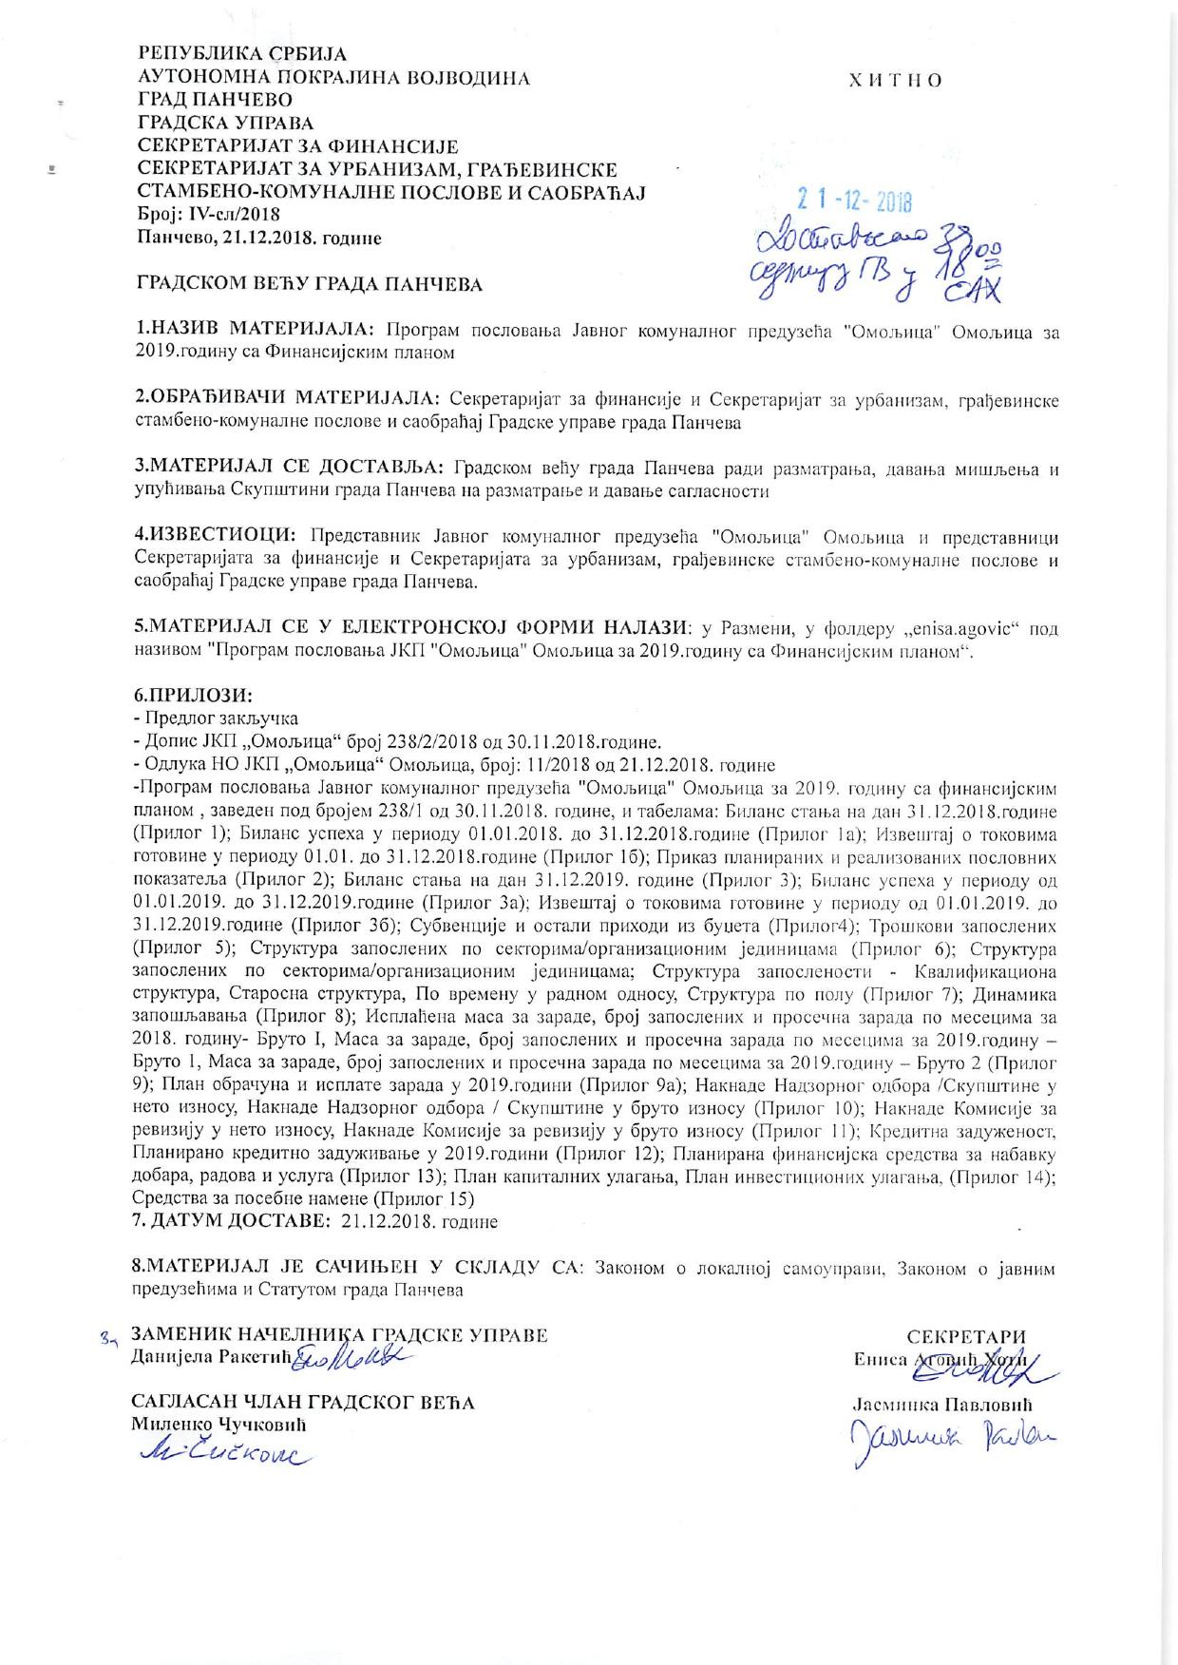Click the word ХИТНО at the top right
(x=895, y=80)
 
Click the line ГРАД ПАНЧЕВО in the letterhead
(x=216, y=100)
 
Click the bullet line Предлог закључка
(x=219, y=718)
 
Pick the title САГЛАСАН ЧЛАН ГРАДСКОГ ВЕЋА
(x=302, y=1402)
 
